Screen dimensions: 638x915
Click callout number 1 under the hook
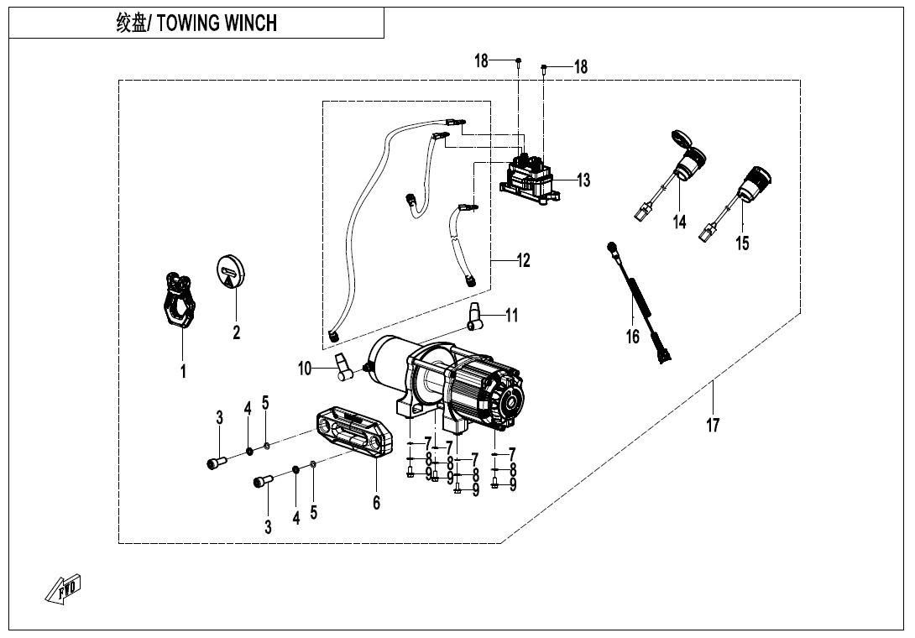point(183,370)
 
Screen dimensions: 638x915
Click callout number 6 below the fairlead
point(376,502)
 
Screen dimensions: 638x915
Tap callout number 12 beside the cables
point(524,260)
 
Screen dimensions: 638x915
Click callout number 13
point(583,180)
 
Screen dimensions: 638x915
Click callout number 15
point(742,243)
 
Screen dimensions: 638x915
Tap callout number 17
point(712,426)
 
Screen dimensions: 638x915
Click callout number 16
point(632,337)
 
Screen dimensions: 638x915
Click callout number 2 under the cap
point(237,333)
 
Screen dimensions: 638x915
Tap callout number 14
point(679,222)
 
